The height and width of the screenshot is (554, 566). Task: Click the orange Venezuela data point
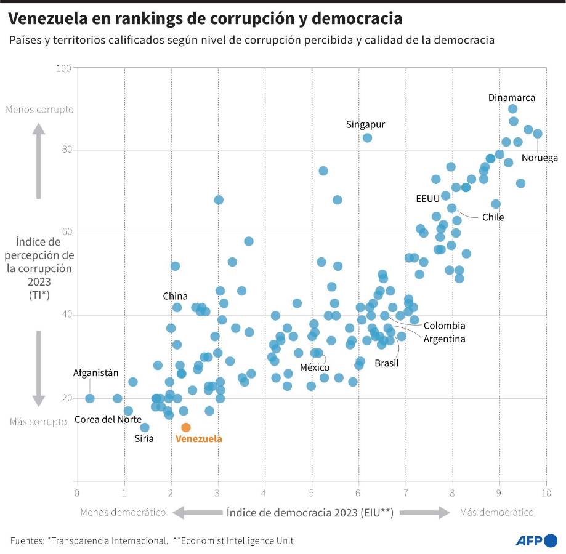186,427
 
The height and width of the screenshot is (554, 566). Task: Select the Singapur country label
365,124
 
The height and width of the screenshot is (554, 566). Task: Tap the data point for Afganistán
90,398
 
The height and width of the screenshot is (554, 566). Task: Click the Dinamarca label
511,97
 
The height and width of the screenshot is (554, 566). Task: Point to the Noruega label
540,158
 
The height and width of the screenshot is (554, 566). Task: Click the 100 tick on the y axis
63,68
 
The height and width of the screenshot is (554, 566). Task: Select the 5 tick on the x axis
312,492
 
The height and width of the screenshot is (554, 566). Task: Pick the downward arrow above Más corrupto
38,368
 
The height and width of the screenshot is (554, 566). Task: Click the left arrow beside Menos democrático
196,512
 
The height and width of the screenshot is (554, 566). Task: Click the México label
314,367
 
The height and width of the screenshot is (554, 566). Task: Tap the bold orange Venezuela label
198,439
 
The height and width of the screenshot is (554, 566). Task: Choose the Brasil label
387,363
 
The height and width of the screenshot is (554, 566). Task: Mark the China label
175,296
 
